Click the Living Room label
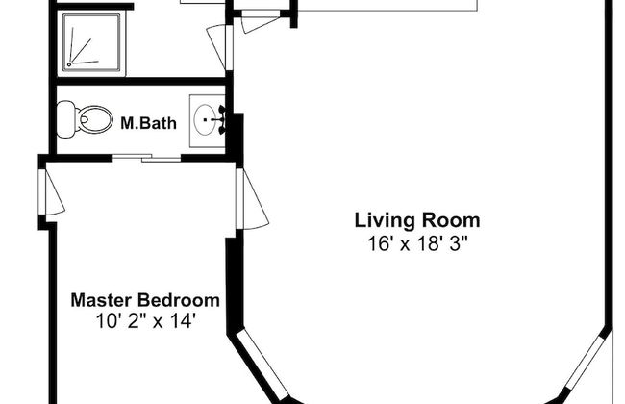pyautogui.click(x=417, y=221)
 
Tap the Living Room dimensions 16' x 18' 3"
pyautogui.click(x=417, y=243)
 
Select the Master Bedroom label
pyautogui.click(x=145, y=300)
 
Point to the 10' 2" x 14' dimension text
pyautogui.click(x=145, y=320)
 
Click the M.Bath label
pyautogui.click(x=148, y=123)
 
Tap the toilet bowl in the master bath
pyautogui.click(x=95, y=119)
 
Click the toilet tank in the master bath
pyautogui.click(x=66, y=119)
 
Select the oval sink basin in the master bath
pyautogui.click(x=205, y=119)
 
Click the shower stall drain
pyautogui.click(x=69, y=64)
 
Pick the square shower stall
pyautogui.click(x=91, y=43)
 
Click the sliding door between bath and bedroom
pyautogui.click(x=146, y=158)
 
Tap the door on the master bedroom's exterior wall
pyautogui.click(x=52, y=192)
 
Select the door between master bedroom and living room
pyautogui.click(x=252, y=199)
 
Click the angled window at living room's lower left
pyautogui.click(x=262, y=365)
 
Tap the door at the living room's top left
pyautogui.click(x=260, y=22)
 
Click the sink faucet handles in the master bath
pyautogui.click(x=221, y=119)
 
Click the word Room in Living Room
pyautogui.click(x=451, y=221)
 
